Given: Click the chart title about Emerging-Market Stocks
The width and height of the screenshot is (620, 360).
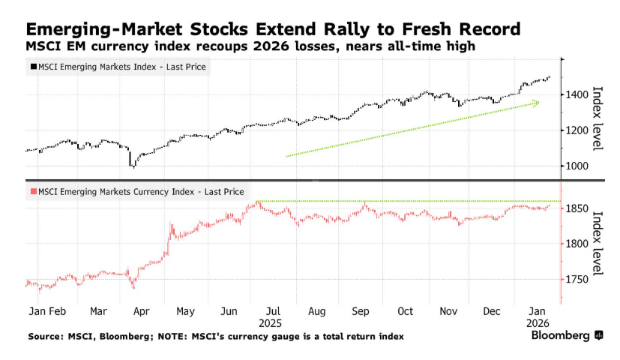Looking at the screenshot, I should coord(273,30).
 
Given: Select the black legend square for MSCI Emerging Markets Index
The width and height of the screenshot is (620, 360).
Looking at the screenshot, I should coord(31,67).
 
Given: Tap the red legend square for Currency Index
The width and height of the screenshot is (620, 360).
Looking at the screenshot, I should coord(31,192).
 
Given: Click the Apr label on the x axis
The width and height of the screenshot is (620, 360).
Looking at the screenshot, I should coord(140,310).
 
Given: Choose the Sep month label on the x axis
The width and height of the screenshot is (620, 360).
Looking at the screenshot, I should coord(360,310).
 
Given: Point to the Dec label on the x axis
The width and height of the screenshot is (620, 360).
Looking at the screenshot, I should coord(493,310).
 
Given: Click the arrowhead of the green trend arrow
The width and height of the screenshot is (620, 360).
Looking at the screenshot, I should coord(537,103).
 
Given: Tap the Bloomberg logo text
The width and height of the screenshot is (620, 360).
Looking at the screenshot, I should coord(560,336).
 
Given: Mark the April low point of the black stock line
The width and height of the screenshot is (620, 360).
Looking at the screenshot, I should coord(132,166).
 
